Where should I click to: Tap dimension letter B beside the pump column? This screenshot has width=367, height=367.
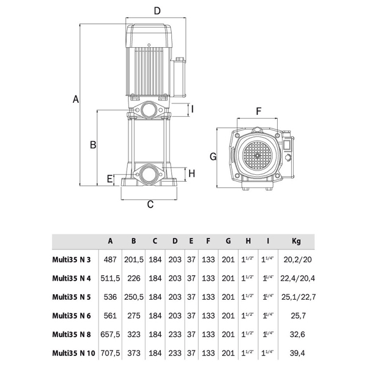[93, 145]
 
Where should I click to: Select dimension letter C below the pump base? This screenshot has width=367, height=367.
[150, 205]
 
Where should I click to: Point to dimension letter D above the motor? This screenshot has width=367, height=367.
[157, 10]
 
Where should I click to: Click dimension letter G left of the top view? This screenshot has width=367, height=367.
[213, 157]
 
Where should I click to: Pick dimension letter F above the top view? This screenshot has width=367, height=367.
[259, 111]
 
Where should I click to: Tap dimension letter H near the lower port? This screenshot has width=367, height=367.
[191, 173]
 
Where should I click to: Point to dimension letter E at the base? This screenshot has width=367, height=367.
[110, 179]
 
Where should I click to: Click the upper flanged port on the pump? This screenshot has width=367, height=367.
[149, 111]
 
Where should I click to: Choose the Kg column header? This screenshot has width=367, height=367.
[296, 240]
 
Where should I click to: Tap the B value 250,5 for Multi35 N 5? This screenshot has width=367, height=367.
[133, 297]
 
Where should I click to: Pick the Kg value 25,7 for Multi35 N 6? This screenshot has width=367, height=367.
[296, 317]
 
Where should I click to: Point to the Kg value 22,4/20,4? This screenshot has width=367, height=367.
[296, 278]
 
